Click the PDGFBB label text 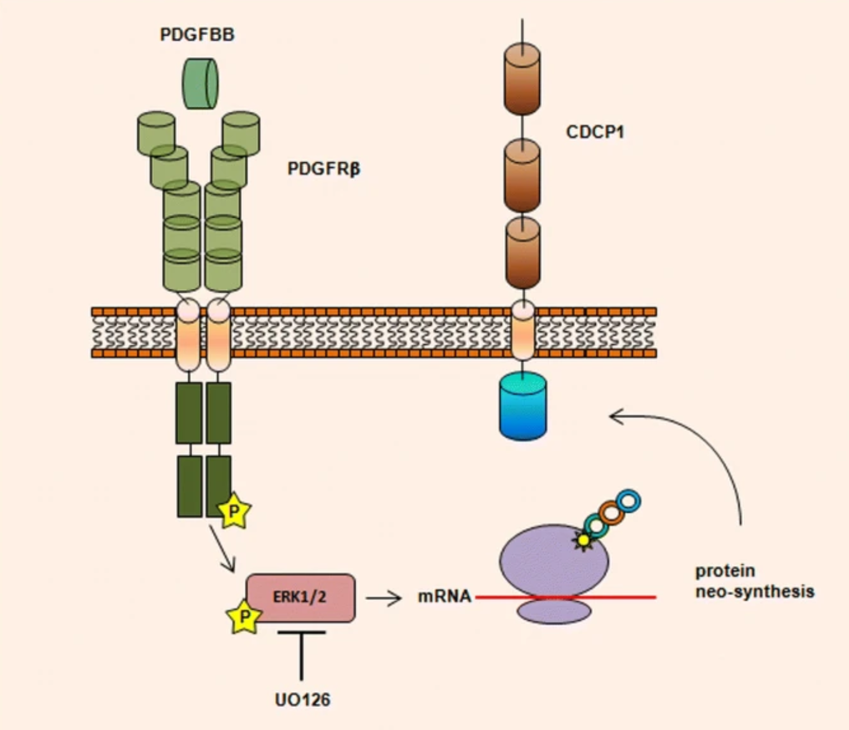point(197,34)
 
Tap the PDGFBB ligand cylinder point(200,84)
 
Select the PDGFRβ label point(323,169)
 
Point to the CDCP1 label point(595,132)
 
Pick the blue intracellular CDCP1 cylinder point(523,407)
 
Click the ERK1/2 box point(301,598)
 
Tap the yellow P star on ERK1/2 point(244,616)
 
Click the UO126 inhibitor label point(302,700)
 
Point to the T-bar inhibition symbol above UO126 point(301,650)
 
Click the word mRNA point(444,597)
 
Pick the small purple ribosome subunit point(554,612)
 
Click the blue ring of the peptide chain point(628,501)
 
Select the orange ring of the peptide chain point(611,513)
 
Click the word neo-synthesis point(755,592)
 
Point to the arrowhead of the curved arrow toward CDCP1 point(613,417)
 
